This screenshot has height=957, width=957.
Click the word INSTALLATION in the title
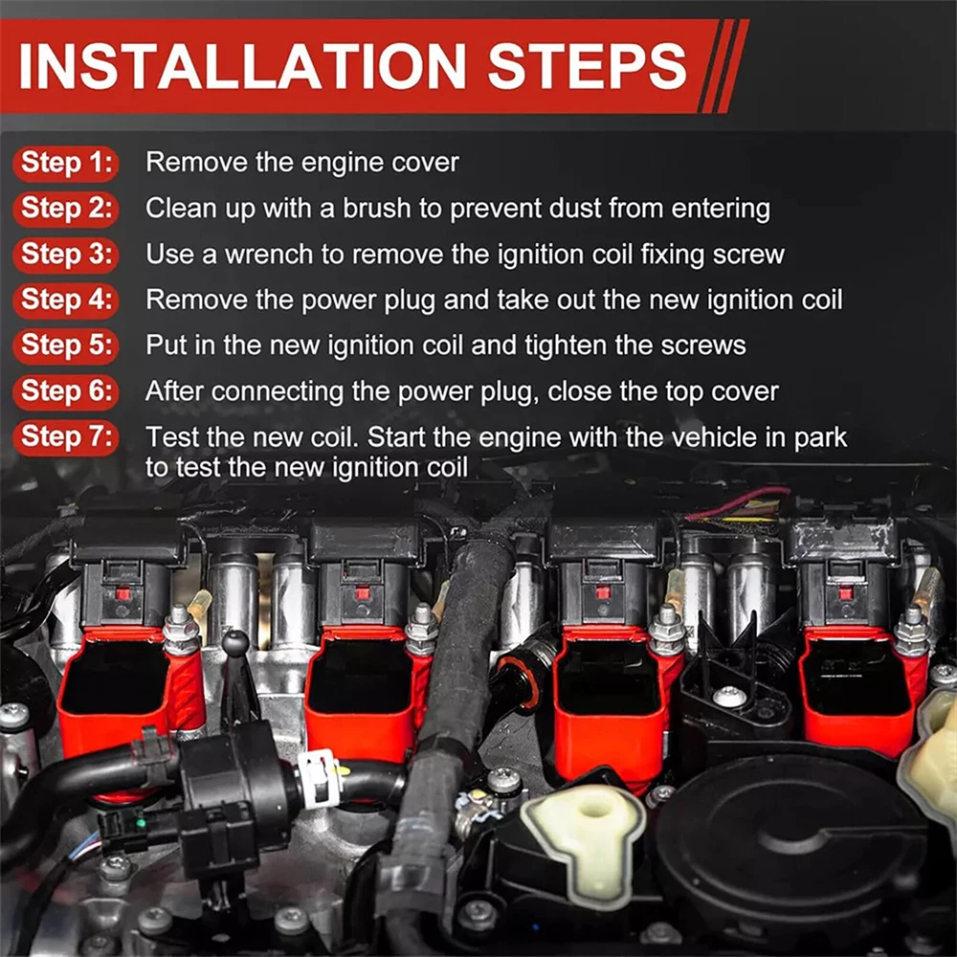[242, 66]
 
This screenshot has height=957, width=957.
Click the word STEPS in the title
[588, 66]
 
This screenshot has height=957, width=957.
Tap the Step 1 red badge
[66, 163]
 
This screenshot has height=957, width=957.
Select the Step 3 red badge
[66, 255]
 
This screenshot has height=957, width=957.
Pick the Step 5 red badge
[66, 345]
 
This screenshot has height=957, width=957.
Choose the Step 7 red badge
[66, 437]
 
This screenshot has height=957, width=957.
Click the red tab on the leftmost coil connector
[122, 593]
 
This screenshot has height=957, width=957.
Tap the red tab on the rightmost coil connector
[845, 593]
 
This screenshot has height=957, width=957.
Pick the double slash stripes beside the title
[723, 66]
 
